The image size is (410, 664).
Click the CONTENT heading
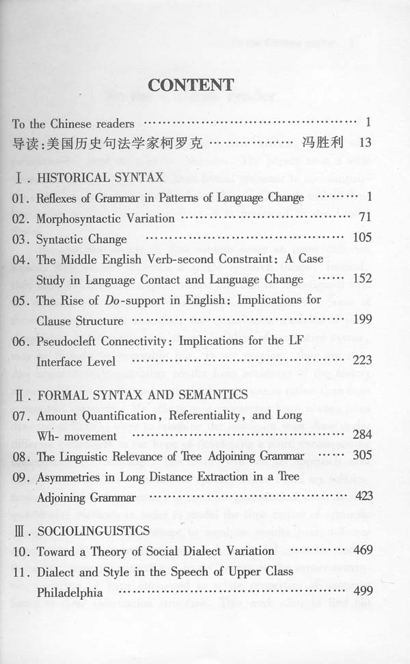pos(191,85)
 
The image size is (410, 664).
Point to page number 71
pos(364,218)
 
